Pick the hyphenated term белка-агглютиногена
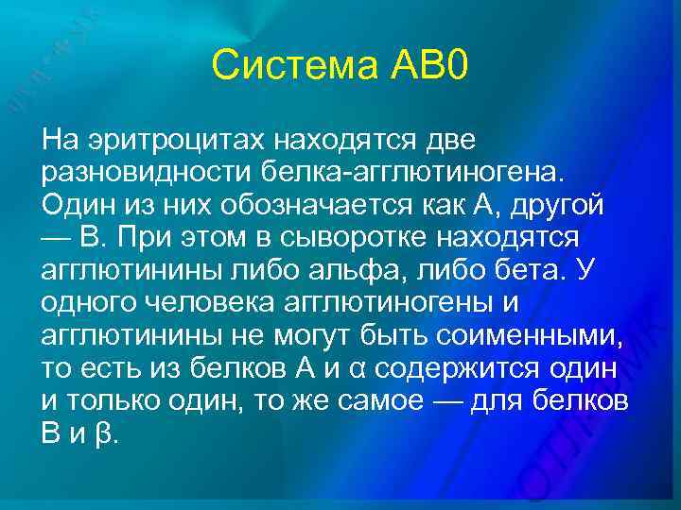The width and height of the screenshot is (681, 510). [401, 174]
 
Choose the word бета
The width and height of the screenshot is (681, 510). [529, 271]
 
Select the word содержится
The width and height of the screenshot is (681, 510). [466, 367]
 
